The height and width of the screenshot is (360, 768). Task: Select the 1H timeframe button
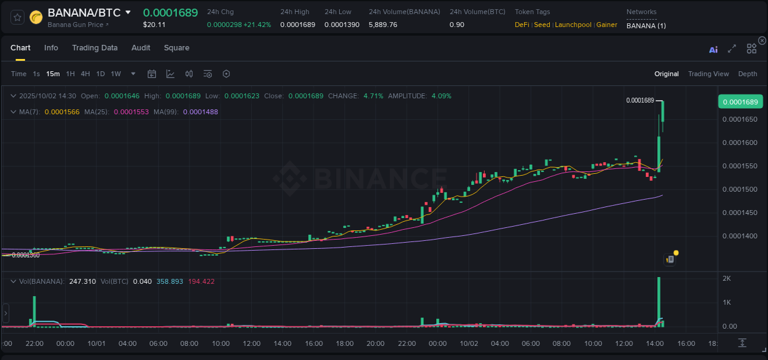pyautogui.click(x=71, y=74)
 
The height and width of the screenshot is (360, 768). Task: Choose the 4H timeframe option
pyautogui.click(x=85, y=74)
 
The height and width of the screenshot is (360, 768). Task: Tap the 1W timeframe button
pyautogui.click(x=116, y=74)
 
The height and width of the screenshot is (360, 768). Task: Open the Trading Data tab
pyautogui.click(x=95, y=48)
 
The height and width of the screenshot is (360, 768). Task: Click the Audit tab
pyautogui.click(x=141, y=48)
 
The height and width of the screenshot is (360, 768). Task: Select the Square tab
pyautogui.click(x=176, y=48)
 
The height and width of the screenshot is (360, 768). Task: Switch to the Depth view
pyautogui.click(x=747, y=74)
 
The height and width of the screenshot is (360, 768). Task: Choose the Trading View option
pyautogui.click(x=708, y=74)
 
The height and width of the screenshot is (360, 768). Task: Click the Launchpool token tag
pyautogui.click(x=573, y=25)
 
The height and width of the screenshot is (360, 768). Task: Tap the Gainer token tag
pyautogui.click(x=607, y=25)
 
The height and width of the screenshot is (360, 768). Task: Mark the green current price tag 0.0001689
pyautogui.click(x=740, y=102)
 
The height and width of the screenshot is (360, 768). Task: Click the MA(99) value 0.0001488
pyautogui.click(x=200, y=112)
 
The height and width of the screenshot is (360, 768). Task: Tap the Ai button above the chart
pyautogui.click(x=713, y=50)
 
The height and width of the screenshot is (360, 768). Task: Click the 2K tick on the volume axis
pyautogui.click(x=726, y=279)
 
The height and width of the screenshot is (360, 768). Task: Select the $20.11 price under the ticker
pyautogui.click(x=154, y=25)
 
